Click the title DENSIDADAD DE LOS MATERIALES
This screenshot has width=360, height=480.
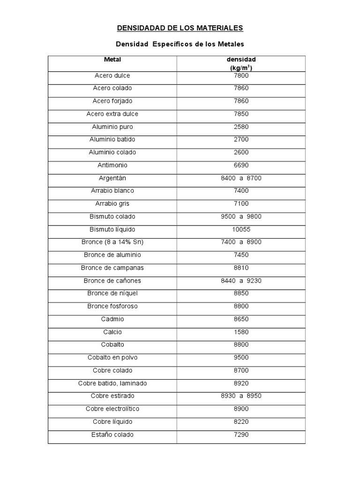pos(180,28)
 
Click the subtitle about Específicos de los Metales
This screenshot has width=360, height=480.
pos(180,44)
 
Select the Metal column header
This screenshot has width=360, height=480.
pos(112,60)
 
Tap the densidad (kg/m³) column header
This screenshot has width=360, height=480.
pos(241,63)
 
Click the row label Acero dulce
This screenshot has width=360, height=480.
pos(112,75)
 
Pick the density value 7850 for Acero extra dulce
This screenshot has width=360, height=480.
pos(241,114)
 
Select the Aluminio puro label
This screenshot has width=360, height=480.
pos(112,127)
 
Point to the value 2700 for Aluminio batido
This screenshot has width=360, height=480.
pos(241,139)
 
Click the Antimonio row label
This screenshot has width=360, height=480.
pos(112,165)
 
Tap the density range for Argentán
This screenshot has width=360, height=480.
pos(241,178)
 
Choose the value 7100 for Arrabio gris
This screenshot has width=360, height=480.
pos(241,203)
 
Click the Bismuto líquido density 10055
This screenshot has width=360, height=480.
pos(241,229)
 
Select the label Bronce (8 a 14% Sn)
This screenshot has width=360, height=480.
pos(112,242)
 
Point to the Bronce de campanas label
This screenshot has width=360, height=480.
pos(112,268)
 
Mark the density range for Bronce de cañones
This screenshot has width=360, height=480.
pos(241,280)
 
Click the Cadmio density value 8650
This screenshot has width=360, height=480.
pos(241,319)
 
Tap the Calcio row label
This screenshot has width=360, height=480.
pos(112,332)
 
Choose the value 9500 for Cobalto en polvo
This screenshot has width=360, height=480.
pos(241,358)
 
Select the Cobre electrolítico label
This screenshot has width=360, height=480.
pos(112,409)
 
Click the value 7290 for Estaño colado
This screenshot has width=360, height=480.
pos(241,435)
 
